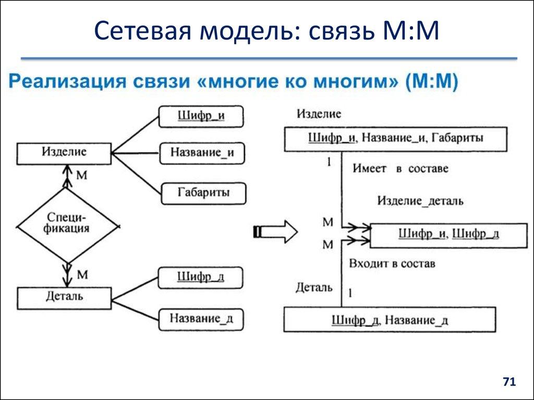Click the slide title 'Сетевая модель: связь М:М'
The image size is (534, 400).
click(x=267, y=33)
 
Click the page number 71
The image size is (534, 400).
click(x=508, y=382)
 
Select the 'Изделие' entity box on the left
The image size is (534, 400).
click(x=64, y=153)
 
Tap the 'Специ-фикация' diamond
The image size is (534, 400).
click(x=66, y=225)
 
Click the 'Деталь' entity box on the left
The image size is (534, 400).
click(x=64, y=297)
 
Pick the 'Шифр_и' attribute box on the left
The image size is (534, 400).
click(x=201, y=116)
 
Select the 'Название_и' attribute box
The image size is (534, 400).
click(x=201, y=153)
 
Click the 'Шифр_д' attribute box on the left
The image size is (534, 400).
click(x=201, y=277)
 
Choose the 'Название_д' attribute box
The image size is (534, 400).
click(x=201, y=318)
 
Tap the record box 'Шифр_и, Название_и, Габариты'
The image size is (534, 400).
click(x=395, y=139)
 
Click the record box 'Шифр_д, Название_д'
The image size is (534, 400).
click(x=389, y=319)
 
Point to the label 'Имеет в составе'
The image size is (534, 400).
click(x=400, y=169)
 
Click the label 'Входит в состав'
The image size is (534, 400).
click(x=393, y=264)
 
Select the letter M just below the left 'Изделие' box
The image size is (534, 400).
click(x=81, y=175)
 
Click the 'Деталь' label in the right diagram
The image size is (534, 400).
click(x=314, y=287)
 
